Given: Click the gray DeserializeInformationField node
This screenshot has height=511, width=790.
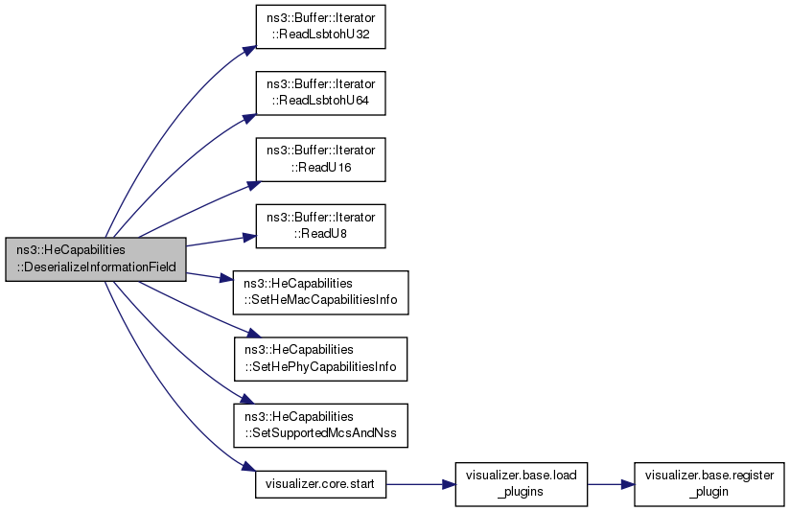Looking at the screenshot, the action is coord(96,259).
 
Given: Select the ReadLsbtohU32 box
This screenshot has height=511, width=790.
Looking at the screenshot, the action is coord(320,27).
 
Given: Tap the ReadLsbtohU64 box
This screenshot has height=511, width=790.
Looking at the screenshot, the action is coord(320,93).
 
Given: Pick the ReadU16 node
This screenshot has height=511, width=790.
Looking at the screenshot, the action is coord(320,160).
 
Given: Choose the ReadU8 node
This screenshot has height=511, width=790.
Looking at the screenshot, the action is coord(320,225).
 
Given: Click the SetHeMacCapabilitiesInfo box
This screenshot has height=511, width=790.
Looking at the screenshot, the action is coord(320,292).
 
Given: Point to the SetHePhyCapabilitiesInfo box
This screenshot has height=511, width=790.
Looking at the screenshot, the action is coord(320,359).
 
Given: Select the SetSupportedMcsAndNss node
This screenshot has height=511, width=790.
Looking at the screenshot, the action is coord(320,426).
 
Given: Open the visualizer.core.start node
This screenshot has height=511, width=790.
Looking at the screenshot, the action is coord(320,484).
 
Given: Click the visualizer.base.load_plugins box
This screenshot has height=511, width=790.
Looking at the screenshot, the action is coord(522,484).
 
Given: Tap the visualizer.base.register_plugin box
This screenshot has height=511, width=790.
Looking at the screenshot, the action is coord(709,484).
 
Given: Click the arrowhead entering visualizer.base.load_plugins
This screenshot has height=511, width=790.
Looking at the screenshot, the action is coord(449,484).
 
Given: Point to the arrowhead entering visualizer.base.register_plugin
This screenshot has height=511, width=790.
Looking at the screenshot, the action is coord(628,484).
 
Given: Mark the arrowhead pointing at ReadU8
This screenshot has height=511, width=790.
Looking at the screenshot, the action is coord(250,238).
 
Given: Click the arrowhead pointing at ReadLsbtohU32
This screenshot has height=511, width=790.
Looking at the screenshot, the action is coord(250,51).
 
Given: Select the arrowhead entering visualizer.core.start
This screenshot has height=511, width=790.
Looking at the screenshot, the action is coord(249,467).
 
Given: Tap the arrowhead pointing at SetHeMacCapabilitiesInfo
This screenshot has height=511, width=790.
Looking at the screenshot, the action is coord(226,279).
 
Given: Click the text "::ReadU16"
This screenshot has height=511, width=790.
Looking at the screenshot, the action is coord(320,168).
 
